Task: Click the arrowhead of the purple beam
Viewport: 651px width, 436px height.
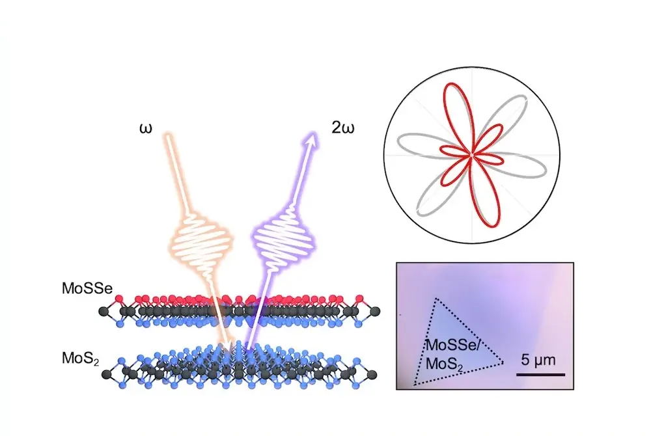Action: pyautogui.click(x=312, y=137)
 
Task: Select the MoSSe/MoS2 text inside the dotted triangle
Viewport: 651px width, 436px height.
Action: pyautogui.click(x=450, y=355)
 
